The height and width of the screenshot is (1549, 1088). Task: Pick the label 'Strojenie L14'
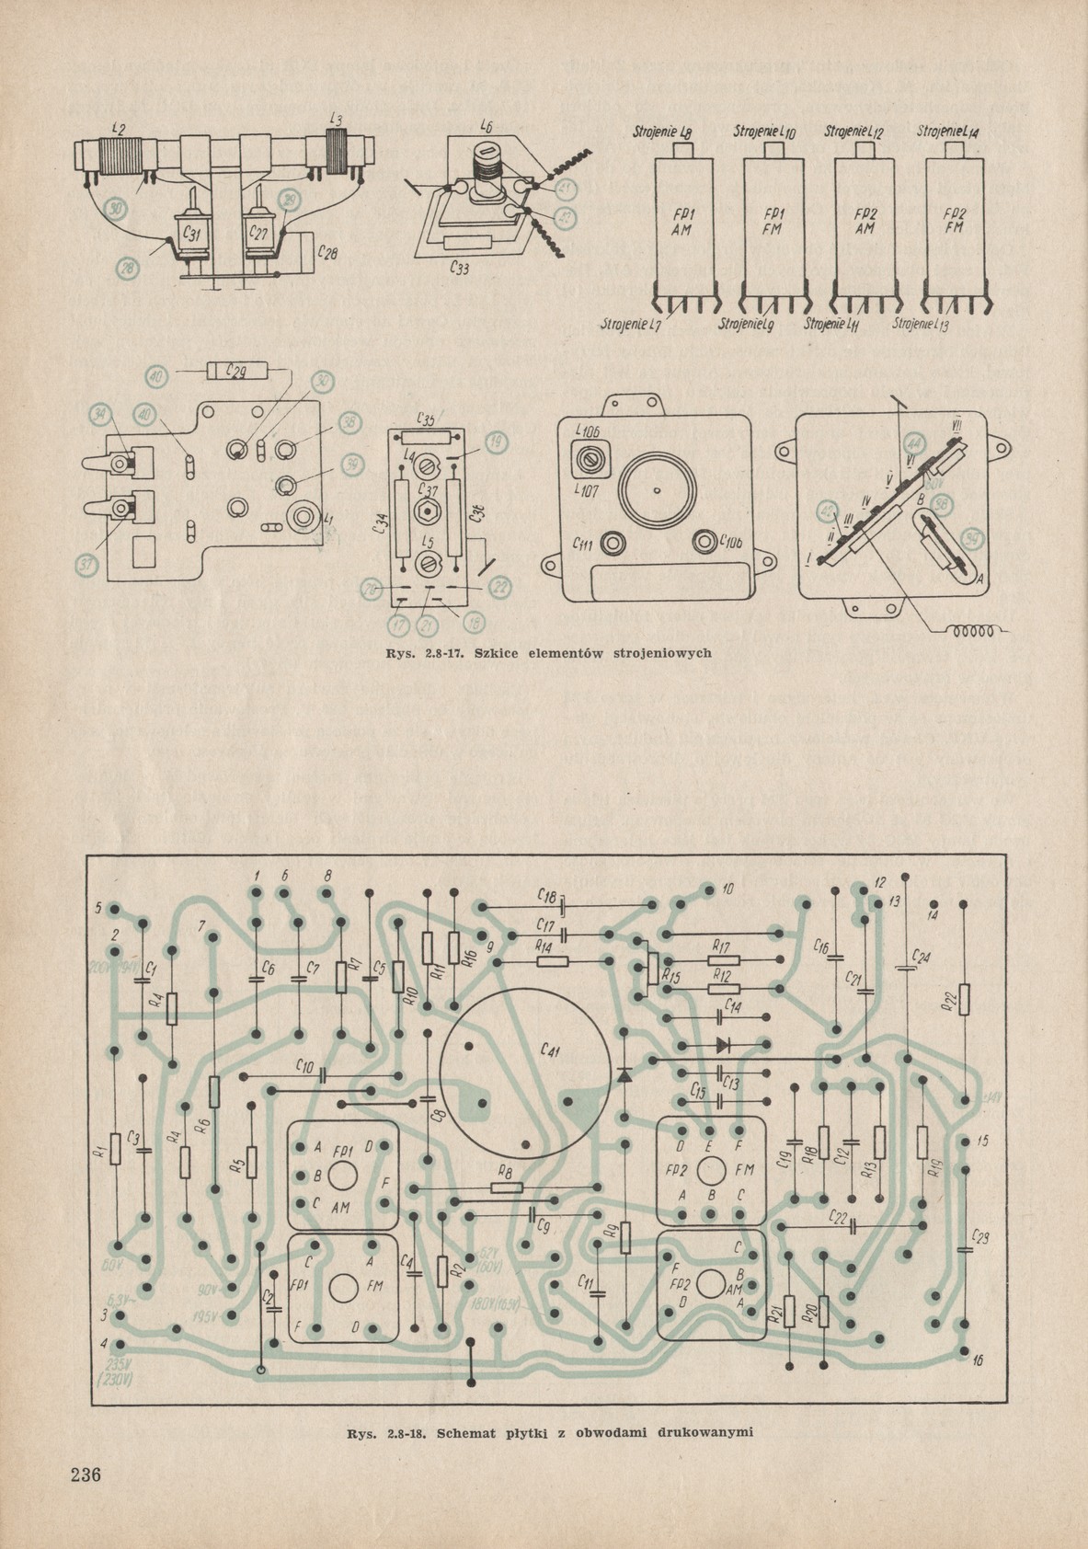click(x=948, y=132)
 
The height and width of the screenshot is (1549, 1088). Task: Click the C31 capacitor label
click(x=190, y=235)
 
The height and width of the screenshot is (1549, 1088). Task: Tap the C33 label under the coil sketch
click(x=462, y=270)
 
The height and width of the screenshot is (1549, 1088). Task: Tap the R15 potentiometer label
click(x=669, y=979)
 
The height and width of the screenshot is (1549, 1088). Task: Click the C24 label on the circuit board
click(x=922, y=957)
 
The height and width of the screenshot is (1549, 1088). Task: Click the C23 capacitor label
click(x=980, y=1237)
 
